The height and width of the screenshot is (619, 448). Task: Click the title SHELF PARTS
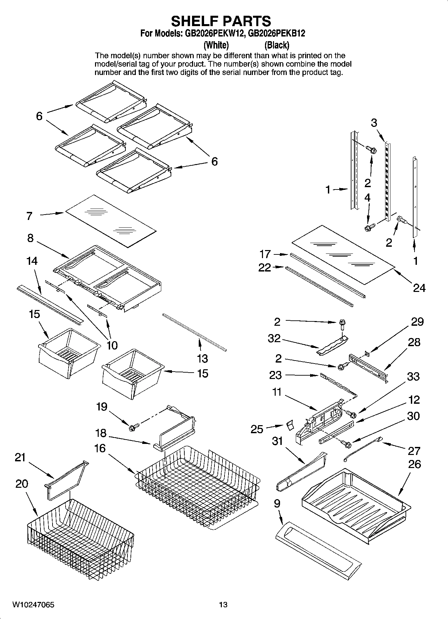pyautogui.click(x=221, y=21)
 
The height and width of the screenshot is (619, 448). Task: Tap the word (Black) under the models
pyautogui.click(x=277, y=45)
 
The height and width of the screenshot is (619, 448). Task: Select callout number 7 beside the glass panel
pyautogui.click(x=29, y=216)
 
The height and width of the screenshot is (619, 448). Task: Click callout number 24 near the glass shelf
pyautogui.click(x=419, y=288)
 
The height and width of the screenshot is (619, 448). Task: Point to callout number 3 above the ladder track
pyautogui.click(x=374, y=123)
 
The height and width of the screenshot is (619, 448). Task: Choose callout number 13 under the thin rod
pyautogui.click(x=202, y=359)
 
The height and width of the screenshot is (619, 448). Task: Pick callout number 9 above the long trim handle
pyautogui.click(x=277, y=504)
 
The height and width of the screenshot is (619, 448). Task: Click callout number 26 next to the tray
pyautogui.click(x=414, y=464)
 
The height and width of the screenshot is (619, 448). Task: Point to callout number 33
pyautogui.click(x=413, y=376)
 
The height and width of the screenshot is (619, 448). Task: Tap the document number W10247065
pyautogui.click(x=33, y=605)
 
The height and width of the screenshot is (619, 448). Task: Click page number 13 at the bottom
pyautogui.click(x=223, y=605)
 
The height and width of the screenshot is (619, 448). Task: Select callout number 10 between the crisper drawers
pyautogui.click(x=112, y=345)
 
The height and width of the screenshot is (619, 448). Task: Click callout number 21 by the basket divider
pyautogui.click(x=20, y=457)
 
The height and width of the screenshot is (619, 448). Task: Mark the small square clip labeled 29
pyautogui.click(x=367, y=352)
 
